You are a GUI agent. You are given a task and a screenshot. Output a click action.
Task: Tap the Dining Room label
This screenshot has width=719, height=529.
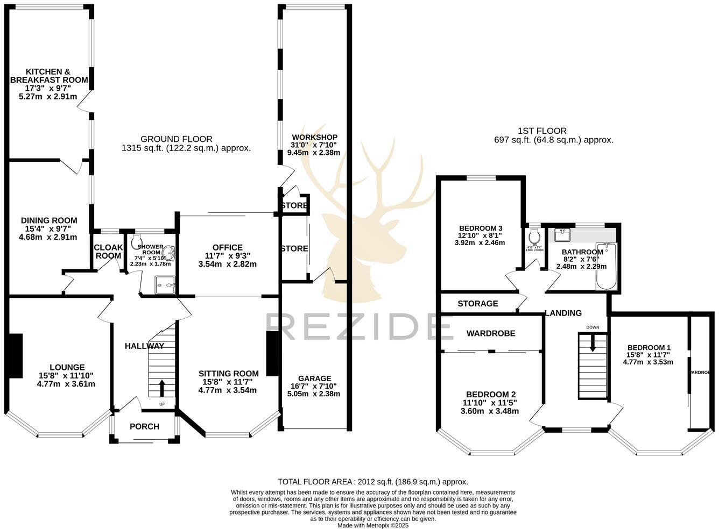(x=49, y=220)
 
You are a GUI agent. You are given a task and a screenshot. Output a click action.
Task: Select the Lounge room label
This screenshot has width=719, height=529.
(x=61, y=368)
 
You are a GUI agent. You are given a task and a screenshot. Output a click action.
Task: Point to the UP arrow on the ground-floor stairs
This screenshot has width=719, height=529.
(x=162, y=388)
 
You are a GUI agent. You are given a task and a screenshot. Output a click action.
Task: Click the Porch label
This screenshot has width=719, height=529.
(x=145, y=426)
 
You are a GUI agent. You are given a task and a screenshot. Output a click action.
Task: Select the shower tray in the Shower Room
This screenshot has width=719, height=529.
(x=166, y=285)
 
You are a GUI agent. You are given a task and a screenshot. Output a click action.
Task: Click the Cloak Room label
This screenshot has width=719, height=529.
(x=108, y=252)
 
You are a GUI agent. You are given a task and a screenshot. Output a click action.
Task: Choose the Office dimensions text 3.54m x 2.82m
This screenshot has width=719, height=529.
(x=227, y=264)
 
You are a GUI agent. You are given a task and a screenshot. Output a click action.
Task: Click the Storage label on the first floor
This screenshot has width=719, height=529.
(x=477, y=304)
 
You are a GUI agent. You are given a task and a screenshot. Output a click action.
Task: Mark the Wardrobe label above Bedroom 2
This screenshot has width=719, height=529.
(x=490, y=333)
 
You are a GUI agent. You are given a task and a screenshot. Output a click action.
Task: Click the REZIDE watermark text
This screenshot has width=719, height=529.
(x=353, y=327)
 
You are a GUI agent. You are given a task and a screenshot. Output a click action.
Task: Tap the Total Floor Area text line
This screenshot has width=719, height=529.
(x=372, y=482)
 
